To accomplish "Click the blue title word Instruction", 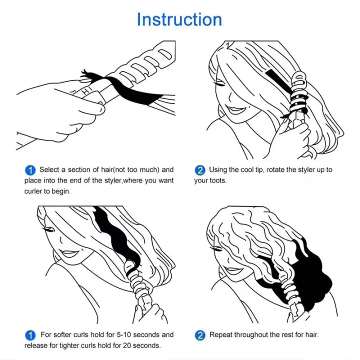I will pos(179,20).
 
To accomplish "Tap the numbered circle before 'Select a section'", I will pos(30,170).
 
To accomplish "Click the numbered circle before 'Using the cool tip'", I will pos(199,170).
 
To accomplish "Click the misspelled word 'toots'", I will pos(217,180).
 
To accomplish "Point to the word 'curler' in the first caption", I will pos(34,191).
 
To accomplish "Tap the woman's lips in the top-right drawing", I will pos(233,109).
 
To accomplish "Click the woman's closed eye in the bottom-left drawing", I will pos(50,230).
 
